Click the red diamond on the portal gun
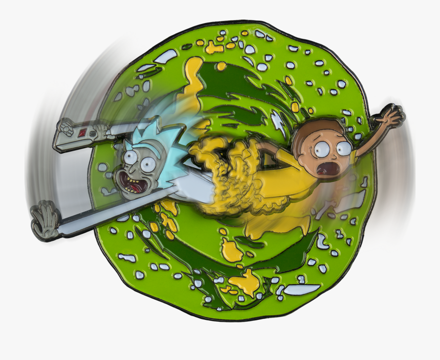84,133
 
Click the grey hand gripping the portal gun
100,130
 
